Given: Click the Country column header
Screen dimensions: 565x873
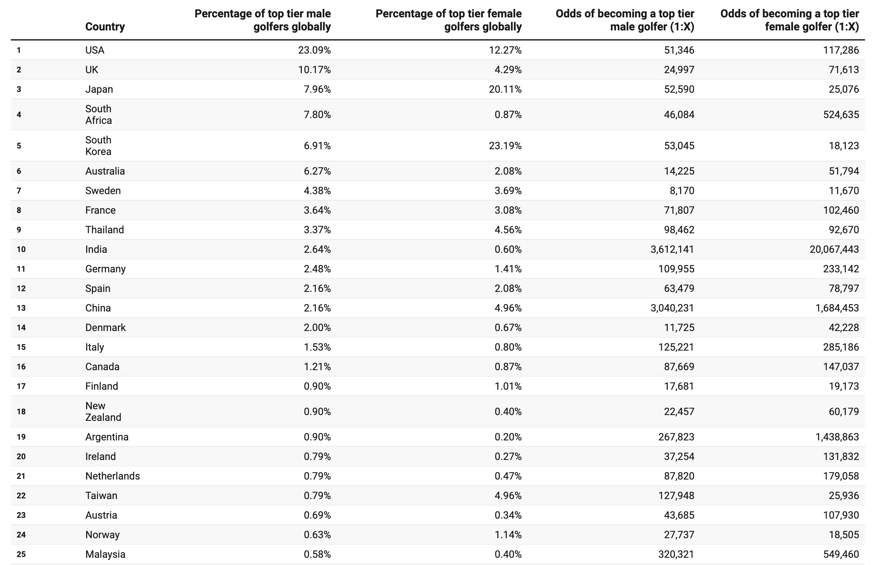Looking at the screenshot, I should pos(105,27).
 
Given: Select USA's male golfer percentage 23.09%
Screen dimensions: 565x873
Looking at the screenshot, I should pos(314,50).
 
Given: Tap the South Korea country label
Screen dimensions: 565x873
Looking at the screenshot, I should pos(98,146).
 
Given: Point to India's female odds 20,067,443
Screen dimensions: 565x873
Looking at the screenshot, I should pos(834,250).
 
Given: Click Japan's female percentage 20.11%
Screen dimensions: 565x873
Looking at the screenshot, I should pos(505,89).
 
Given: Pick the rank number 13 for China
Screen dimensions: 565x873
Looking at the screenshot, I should pos(21,308).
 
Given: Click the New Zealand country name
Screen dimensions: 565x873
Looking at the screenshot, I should pos(103,412).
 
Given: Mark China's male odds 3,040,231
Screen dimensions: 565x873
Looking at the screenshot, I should pos(672,308).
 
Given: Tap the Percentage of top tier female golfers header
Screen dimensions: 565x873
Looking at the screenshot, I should pos(448,20).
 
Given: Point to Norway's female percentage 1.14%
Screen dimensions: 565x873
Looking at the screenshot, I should pos(508,535).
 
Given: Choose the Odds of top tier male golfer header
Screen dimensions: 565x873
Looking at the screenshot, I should pos(625,20).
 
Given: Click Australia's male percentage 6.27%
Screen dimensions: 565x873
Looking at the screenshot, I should pos(317,171).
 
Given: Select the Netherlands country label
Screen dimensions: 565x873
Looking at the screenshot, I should pos(113,476).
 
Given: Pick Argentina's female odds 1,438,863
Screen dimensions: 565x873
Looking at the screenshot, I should pos(837,437).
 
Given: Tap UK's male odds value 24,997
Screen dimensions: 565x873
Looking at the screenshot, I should pos(679,70).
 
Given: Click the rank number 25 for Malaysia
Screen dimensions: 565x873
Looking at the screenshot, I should pos(21,554).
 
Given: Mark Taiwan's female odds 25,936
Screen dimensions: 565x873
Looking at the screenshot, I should pos(844,496).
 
